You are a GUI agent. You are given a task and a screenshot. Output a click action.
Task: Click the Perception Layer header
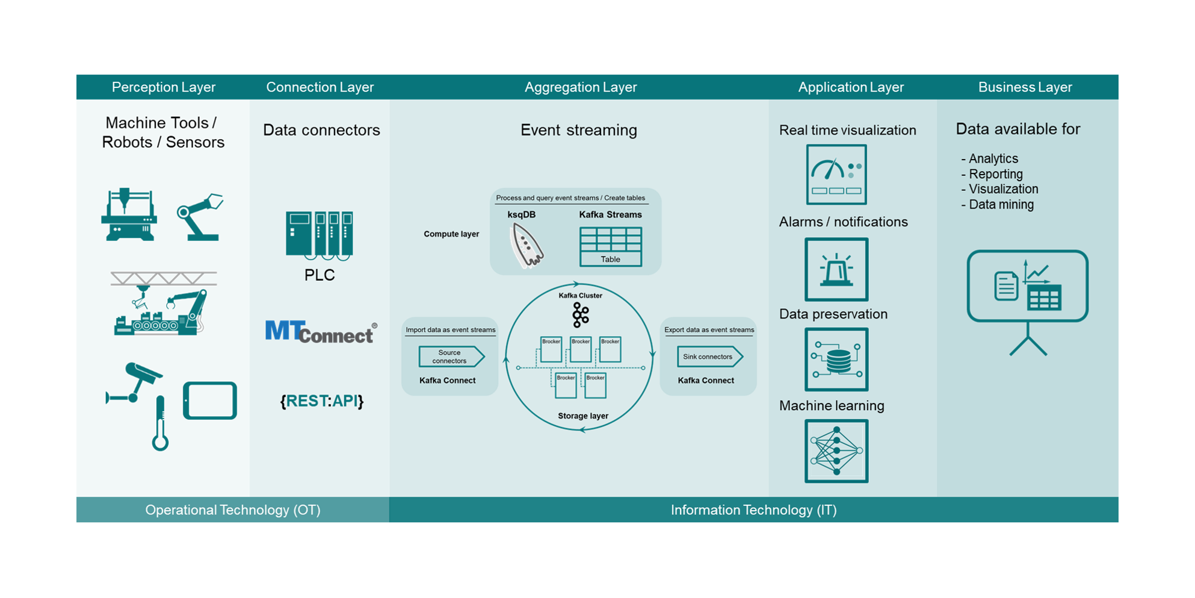[163, 87]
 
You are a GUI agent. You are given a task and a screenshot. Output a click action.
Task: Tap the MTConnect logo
[321, 332]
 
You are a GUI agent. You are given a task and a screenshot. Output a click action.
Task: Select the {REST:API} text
[322, 401]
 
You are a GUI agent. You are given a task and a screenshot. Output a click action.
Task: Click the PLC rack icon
[320, 235]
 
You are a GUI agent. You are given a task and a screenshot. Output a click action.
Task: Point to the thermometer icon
[160, 423]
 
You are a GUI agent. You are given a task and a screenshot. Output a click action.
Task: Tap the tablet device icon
[210, 400]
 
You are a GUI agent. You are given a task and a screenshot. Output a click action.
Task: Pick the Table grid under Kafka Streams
[610, 246]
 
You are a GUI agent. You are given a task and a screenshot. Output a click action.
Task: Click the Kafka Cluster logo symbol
[580, 315]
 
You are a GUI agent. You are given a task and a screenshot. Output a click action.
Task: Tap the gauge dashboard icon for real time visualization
[836, 175]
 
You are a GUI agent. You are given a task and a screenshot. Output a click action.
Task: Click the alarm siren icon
[836, 269]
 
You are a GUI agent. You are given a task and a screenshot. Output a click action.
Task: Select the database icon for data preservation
[836, 360]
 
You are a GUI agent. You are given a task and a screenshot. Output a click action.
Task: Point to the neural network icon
[836, 451]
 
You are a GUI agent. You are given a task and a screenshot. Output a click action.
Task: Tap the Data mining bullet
[1001, 205]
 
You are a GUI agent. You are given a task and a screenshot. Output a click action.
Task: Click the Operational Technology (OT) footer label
[233, 510]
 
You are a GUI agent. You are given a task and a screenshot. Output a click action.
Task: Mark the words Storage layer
[582, 416]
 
